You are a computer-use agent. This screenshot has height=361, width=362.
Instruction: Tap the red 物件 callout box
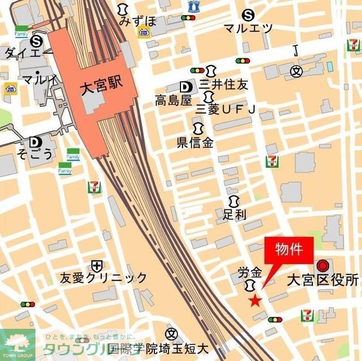coord(288,249)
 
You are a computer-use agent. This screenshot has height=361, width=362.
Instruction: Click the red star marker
coord(255,301)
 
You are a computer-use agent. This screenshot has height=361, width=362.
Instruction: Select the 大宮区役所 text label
coord(322,280)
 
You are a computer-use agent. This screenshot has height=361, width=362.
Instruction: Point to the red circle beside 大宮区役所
coord(323,264)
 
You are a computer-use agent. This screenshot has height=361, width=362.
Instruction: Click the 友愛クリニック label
coord(104,277)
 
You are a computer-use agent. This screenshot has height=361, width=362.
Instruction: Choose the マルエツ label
coord(248,28)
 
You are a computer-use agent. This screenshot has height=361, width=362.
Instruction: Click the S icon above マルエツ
coord(247,15)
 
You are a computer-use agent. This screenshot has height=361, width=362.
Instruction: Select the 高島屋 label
coord(174,101)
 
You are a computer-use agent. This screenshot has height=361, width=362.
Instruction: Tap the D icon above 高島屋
coord(184,86)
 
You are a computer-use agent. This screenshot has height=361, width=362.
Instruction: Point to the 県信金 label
coord(196,142)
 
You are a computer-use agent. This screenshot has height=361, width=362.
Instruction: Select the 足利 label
coord(235,214)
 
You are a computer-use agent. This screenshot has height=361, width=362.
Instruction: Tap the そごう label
coord(35,154)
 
